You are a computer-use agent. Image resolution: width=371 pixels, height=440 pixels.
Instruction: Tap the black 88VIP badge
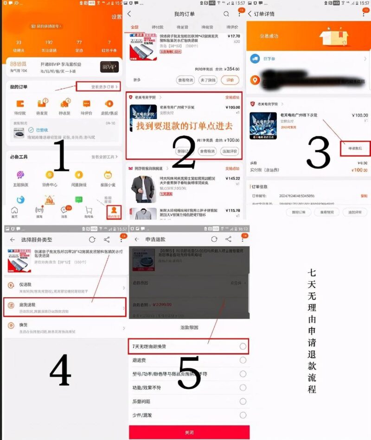pyautogui.click(x=109, y=67)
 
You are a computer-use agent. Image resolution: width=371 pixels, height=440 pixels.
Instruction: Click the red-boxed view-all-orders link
pyautogui.click(x=98, y=87)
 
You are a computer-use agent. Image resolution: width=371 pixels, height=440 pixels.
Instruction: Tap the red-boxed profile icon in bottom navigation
pyautogui.click(x=114, y=212)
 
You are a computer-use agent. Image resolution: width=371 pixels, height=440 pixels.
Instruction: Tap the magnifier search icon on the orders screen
pyautogui.click(x=226, y=14)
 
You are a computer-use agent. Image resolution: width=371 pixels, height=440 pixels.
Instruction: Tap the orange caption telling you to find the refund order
pyautogui.click(x=184, y=126)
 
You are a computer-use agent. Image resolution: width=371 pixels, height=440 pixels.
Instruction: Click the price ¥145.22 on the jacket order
pyautogui.click(x=232, y=178)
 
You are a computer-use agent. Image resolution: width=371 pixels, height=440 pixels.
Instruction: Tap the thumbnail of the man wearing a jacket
pyautogui.click(x=142, y=188)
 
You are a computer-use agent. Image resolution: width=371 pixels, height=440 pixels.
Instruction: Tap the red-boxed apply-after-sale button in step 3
pyautogui.click(x=355, y=148)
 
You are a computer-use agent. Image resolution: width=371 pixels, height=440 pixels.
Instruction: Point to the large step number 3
pyautogui.click(x=318, y=153)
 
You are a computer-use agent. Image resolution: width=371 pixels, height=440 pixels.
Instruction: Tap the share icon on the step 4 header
pyautogui.click(x=107, y=239)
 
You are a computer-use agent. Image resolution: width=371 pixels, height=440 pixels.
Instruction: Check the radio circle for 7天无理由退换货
pyautogui.click(x=243, y=346)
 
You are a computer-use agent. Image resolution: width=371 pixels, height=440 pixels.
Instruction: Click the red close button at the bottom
pyautogui.click(x=189, y=432)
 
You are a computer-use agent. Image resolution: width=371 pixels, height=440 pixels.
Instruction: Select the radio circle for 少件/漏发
pyautogui.click(x=243, y=415)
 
